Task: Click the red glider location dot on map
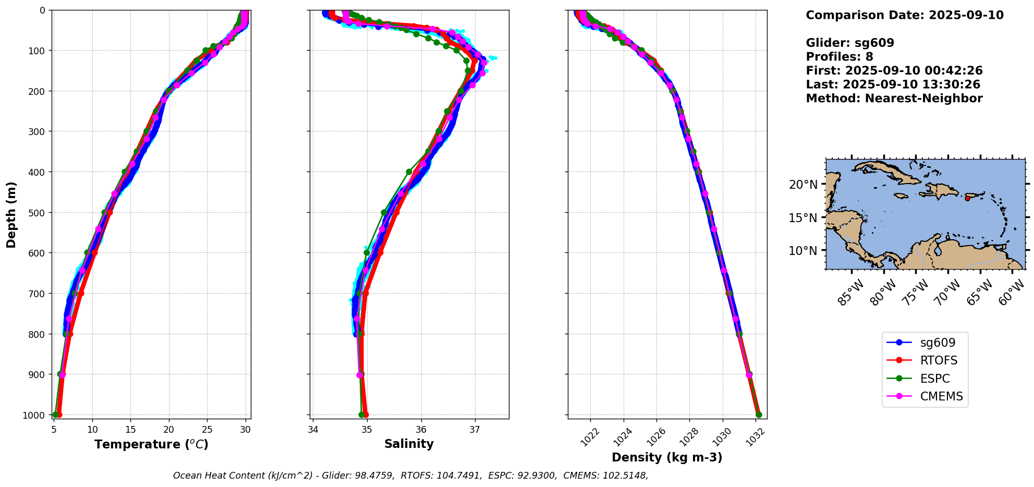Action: point(967,198)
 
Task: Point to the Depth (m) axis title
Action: point(11,215)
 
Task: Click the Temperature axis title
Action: point(151,444)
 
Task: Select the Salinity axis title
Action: point(409,444)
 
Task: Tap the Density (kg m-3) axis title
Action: point(667,457)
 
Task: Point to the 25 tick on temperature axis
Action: point(207,430)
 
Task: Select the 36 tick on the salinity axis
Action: point(421,430)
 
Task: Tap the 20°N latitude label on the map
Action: point(803,185)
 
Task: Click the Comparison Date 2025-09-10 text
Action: point(905,15)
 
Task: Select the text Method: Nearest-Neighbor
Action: point(894,99)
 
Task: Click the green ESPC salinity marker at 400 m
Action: point(409,172)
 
